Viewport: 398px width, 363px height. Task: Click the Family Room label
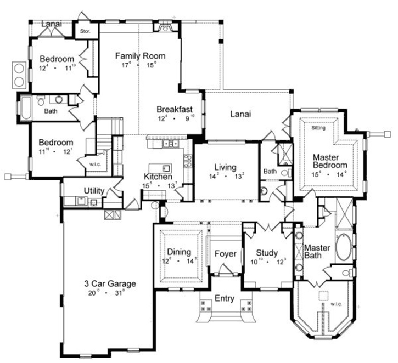[139, 56]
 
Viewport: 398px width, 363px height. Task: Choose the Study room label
[267, 253]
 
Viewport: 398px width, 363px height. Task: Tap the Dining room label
[180, 252]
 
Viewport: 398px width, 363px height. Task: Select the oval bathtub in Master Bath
[345, 247]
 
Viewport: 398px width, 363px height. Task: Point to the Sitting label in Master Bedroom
[318, 128]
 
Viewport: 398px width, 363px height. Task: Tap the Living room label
[225, 167]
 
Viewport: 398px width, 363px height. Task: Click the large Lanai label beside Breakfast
[240, 114]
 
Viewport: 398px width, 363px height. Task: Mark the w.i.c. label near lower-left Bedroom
[94, 162]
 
